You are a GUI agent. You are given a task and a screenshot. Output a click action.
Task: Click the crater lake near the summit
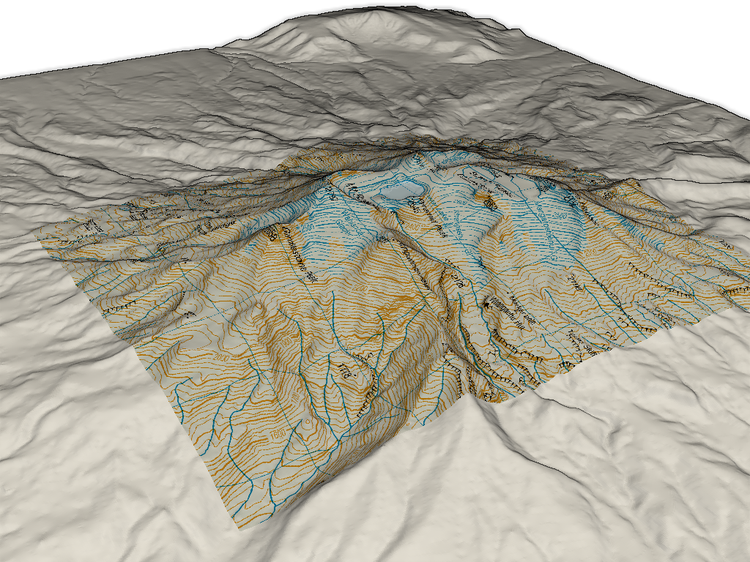click(395, 192)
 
